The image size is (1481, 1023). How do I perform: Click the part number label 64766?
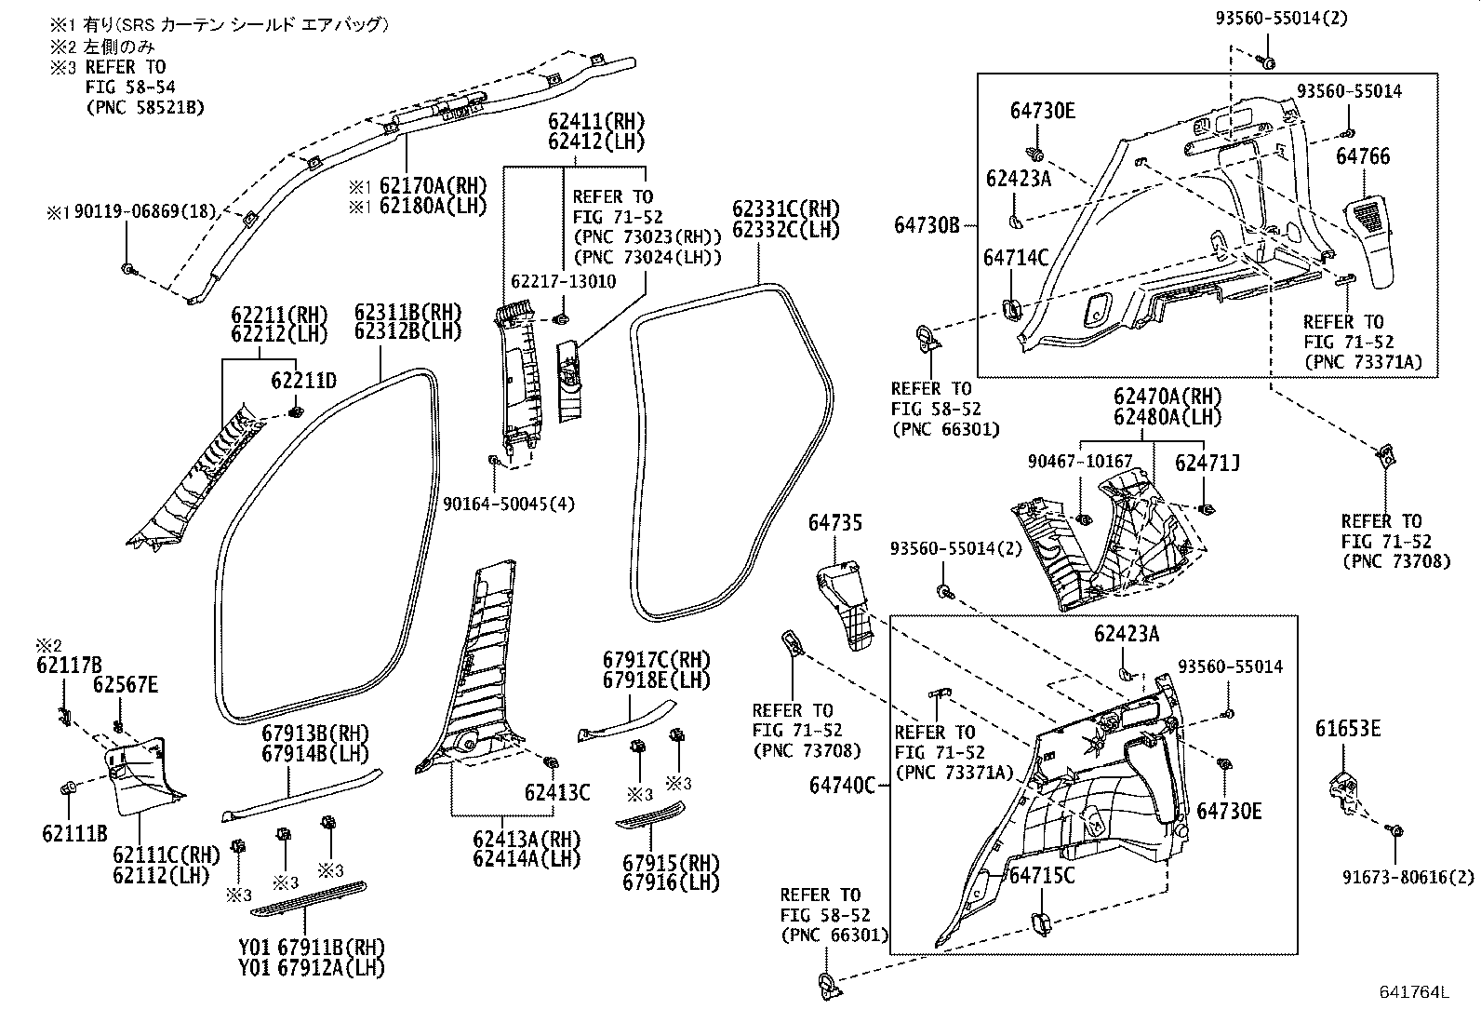1363,156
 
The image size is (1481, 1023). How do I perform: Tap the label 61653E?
1348,728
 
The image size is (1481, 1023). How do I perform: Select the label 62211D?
303,381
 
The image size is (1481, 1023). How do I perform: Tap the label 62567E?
125,686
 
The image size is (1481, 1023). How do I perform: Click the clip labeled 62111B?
68,788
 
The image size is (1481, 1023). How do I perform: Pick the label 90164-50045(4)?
508,504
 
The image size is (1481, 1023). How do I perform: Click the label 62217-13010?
563,282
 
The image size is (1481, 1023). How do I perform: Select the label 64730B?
927,224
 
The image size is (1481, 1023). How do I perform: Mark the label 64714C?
1016,258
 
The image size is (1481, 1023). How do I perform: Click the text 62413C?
556,793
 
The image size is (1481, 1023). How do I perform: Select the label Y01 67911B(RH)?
311,948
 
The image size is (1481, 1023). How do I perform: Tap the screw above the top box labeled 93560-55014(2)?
1268,61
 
